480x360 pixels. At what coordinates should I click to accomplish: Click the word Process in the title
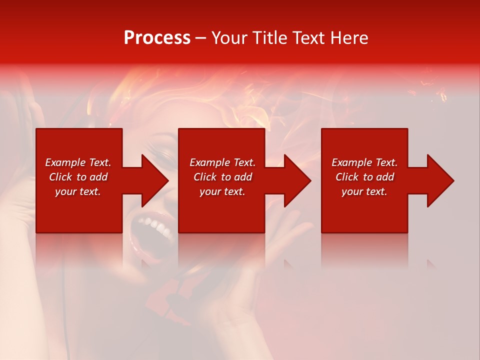coord(157,38)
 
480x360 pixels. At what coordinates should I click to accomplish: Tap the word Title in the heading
coord(270,38)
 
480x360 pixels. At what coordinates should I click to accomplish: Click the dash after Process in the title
coord(200,38)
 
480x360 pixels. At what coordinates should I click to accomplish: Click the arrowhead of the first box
coord(155,180)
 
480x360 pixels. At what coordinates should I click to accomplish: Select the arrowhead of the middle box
coord(297,180)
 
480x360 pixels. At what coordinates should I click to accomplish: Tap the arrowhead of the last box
coord(440,180)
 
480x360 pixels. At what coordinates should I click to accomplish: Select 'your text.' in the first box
coord(78,191)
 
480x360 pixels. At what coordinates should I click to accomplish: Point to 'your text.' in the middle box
coord(222,191)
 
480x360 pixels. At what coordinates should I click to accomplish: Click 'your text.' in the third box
coord(364,191)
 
